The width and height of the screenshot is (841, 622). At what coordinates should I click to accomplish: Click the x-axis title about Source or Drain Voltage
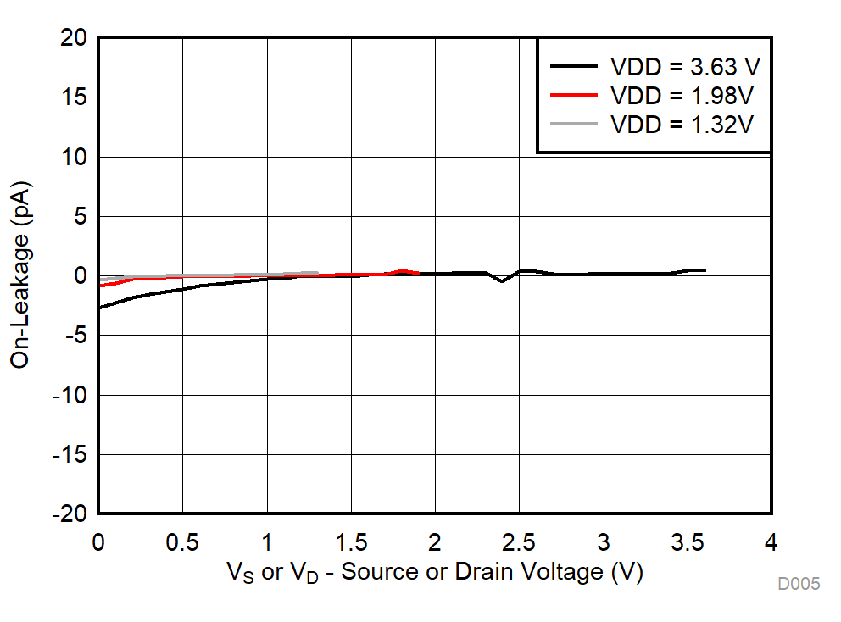pyautogui.click(x=434, y=572)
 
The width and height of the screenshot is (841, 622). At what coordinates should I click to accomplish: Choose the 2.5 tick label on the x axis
pyautogui.click(x=519, y=541)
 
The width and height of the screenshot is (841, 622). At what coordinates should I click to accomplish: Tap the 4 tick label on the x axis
pyautogui.click(x=771, y=541)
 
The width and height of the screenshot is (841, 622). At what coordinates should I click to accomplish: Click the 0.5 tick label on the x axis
pyautogui.click(x=182, y=541)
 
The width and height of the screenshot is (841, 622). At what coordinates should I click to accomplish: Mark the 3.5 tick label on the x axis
pyautogui.click(x=687, y=541)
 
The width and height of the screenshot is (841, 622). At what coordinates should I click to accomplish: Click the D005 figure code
pyautogui.click(x=799, y=584)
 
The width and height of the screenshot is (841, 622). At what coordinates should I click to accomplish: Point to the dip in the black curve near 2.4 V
pyautogui.click(x=502, y=280)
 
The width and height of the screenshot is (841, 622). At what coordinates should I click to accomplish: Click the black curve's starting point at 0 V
pyautogui.click(x=100, y=308)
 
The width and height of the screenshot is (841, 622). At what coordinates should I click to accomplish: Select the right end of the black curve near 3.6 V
pyautogui.click(x=704, y=270)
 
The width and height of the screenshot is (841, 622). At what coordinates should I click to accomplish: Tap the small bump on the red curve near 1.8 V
pyautogui.click(x=403, y=271)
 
